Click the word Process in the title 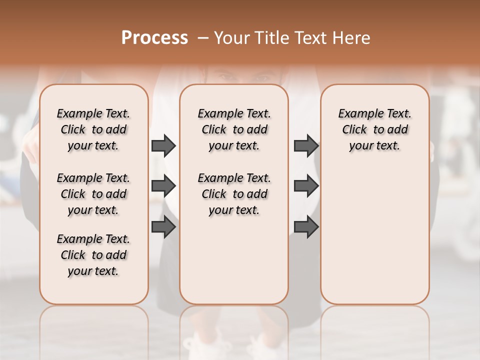pos(154,38)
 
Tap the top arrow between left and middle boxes pos(163,146)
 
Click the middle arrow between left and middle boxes pos(163,186)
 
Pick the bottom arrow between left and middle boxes pos(163,226)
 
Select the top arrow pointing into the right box pos(306,146)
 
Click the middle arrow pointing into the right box pos(306,186)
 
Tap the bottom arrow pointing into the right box pos(306,226)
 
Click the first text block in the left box pos(93,129)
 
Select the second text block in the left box pos(93,194)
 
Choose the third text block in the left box pos(93,255)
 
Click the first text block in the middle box pos(234,129)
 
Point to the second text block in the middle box pos(234,194)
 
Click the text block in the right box pos(374,129)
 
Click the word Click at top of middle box pos(214,130)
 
